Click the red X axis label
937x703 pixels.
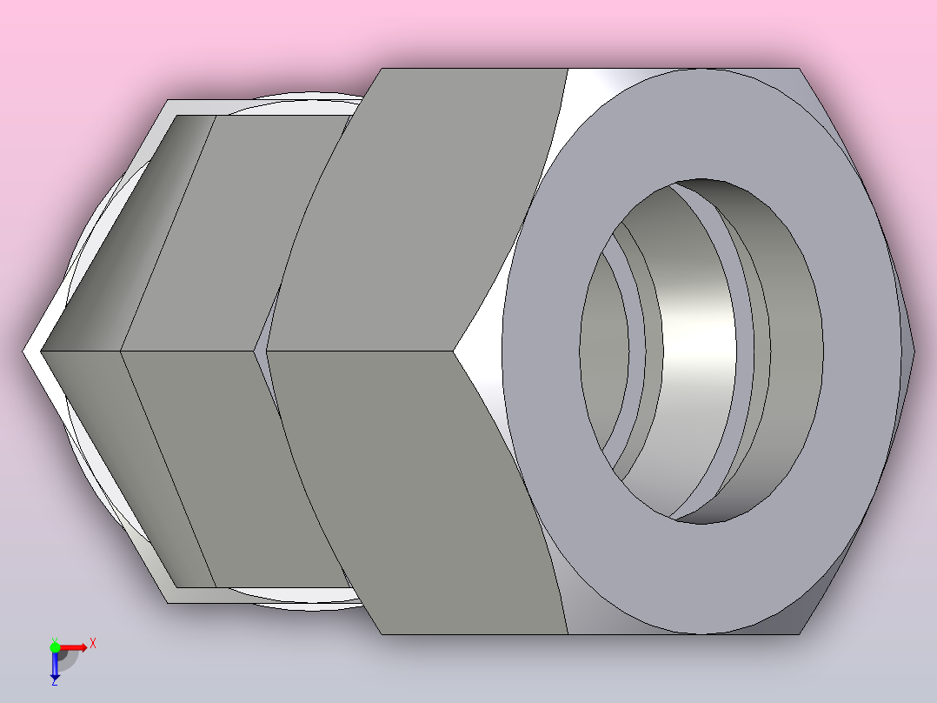pos(93,644)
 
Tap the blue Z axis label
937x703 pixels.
pos(55,681)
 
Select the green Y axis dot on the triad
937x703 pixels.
pos(55,647)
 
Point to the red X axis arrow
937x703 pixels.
pos(74,647)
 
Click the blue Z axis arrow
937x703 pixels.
pos(55,665)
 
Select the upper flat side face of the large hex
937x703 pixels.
pos(418,210)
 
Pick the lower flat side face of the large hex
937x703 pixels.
pos(418,491)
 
